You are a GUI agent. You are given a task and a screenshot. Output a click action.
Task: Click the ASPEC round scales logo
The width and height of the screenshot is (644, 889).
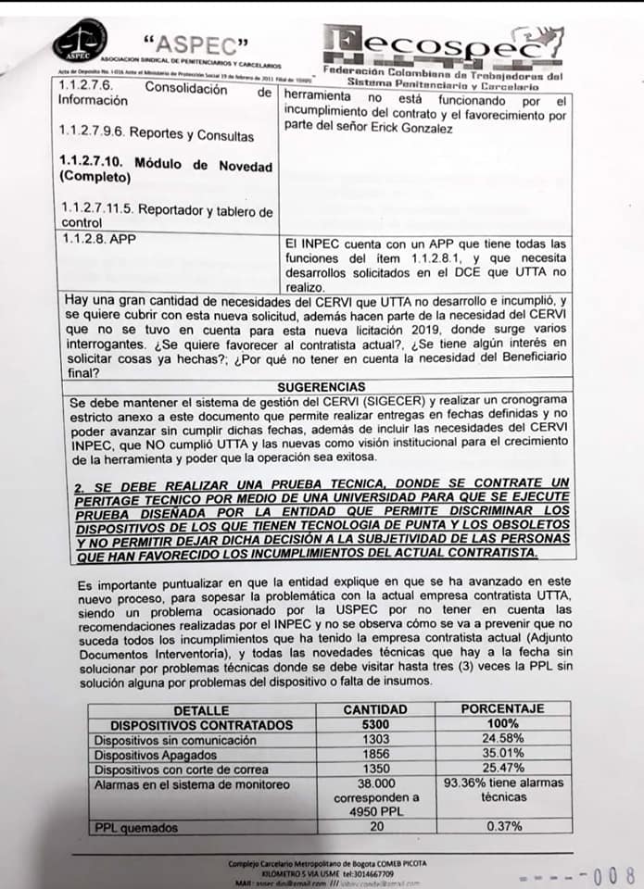click(80, 39)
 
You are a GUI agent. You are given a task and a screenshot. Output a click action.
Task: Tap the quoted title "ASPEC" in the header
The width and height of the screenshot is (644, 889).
click(196, 42)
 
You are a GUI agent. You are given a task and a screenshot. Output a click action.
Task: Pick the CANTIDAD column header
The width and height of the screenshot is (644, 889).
click(374, 708)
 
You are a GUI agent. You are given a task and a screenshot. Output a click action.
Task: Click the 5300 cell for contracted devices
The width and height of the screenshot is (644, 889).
click(374, 724)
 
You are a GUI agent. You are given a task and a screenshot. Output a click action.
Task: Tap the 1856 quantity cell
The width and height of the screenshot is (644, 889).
click(374, 754)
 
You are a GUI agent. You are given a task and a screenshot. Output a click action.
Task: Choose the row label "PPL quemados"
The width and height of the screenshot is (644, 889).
click(136, 827)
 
